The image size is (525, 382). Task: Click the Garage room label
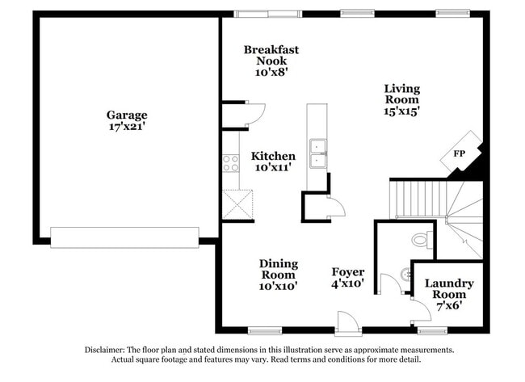[127, 120]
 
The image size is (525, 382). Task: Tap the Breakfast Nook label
[271, 61]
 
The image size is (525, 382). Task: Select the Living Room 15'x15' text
[401, 100]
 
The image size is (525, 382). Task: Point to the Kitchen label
[273, 162]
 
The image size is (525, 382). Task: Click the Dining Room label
[279, 275]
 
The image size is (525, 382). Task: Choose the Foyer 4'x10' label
[348, 278]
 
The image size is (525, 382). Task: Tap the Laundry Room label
[449, 289]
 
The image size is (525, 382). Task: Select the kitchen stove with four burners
[231, 163]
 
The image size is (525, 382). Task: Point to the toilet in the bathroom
[422, 240]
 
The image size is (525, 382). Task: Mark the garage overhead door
[124, 237]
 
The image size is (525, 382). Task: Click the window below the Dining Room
[264, 330]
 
